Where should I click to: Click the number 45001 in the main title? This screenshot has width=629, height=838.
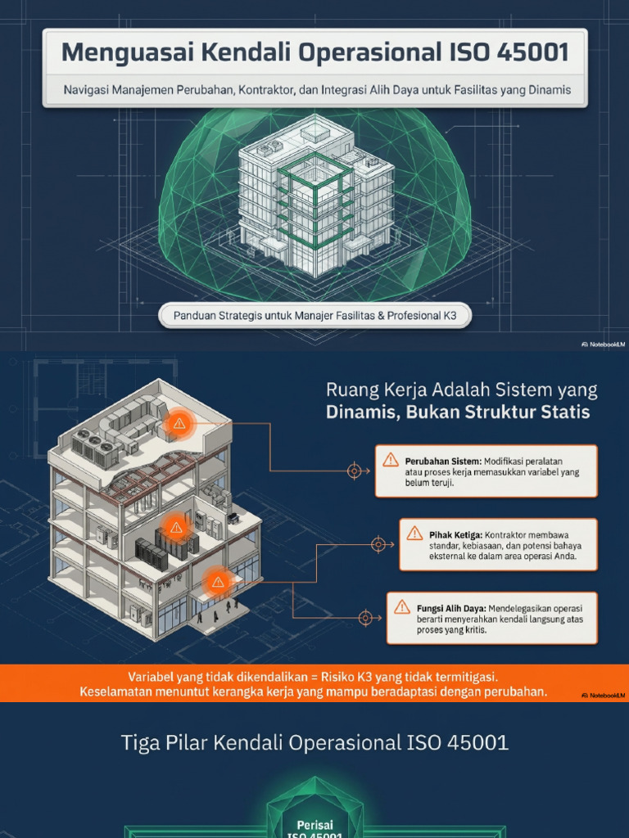(x=532, y=52)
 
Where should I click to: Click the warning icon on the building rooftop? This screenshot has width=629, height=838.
(x=179, y=424)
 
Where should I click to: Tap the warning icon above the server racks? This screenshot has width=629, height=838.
(x=176, y=528)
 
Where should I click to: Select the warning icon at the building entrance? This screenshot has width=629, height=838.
(x=218, y=582)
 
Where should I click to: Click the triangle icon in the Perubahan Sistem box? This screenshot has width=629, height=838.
(x=391, y=460)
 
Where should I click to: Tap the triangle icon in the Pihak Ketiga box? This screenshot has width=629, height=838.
(x=414, y=534)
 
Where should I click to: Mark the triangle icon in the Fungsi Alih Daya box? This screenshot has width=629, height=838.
(x=402, y=606)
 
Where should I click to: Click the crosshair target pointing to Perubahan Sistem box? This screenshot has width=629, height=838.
(x=354, y=471)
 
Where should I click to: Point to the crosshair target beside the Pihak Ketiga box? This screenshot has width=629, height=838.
(x=378, y=544)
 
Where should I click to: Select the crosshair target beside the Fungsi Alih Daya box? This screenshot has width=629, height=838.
(x=365, y=618)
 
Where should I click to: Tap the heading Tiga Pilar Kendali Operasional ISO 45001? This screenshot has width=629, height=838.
(x=314, y=742)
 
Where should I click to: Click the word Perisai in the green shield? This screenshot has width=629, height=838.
(x=315, y=825)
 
